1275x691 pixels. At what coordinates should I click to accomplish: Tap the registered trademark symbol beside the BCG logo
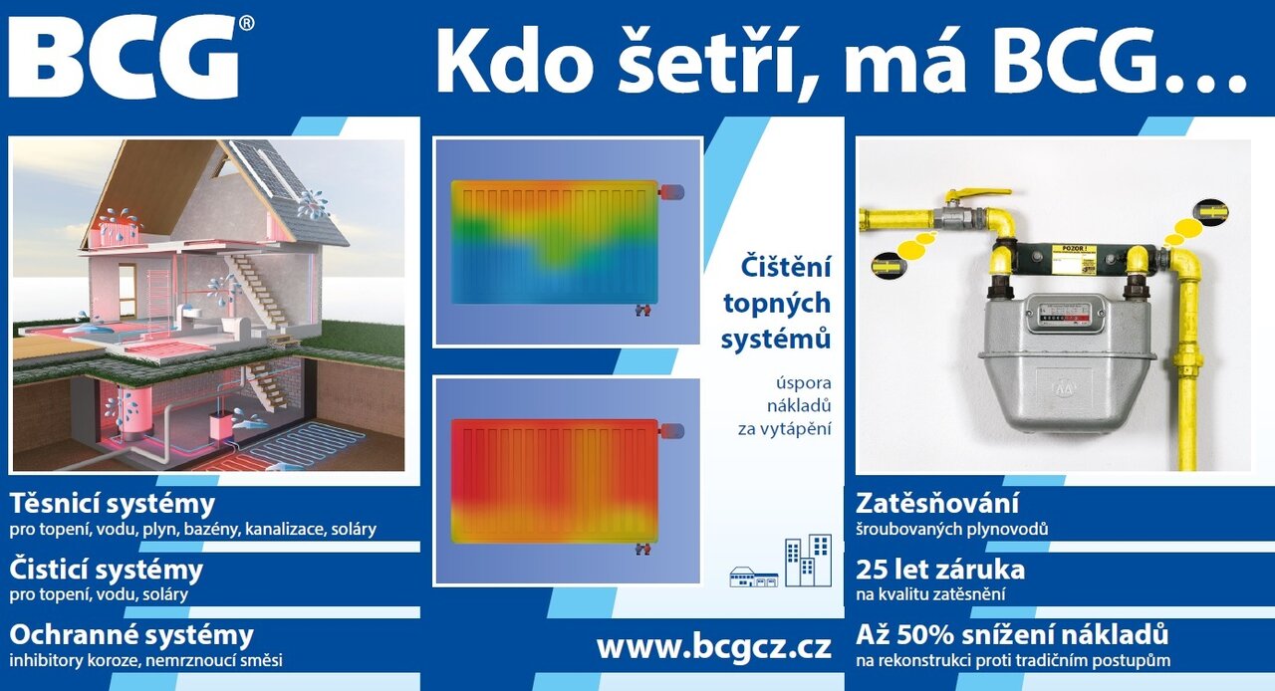coord(246,23)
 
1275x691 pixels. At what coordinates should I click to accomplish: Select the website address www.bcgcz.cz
coord(714,647)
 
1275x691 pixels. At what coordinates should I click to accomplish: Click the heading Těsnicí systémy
coord(113,504)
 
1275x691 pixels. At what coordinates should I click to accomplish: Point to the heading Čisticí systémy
coord(106,570)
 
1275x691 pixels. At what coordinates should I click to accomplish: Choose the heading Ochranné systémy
coord(131,635)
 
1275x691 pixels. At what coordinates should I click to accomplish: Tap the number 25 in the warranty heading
coord(870,570)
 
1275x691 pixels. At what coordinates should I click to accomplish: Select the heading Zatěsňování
coord(937,503)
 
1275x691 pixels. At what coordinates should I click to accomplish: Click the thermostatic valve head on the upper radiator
coord(672,192)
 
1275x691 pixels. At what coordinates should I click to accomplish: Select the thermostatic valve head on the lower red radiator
coord(672,431)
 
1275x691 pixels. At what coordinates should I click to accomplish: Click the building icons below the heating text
coord(780,562)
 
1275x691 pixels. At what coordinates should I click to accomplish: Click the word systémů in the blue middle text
coord(776,339)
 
